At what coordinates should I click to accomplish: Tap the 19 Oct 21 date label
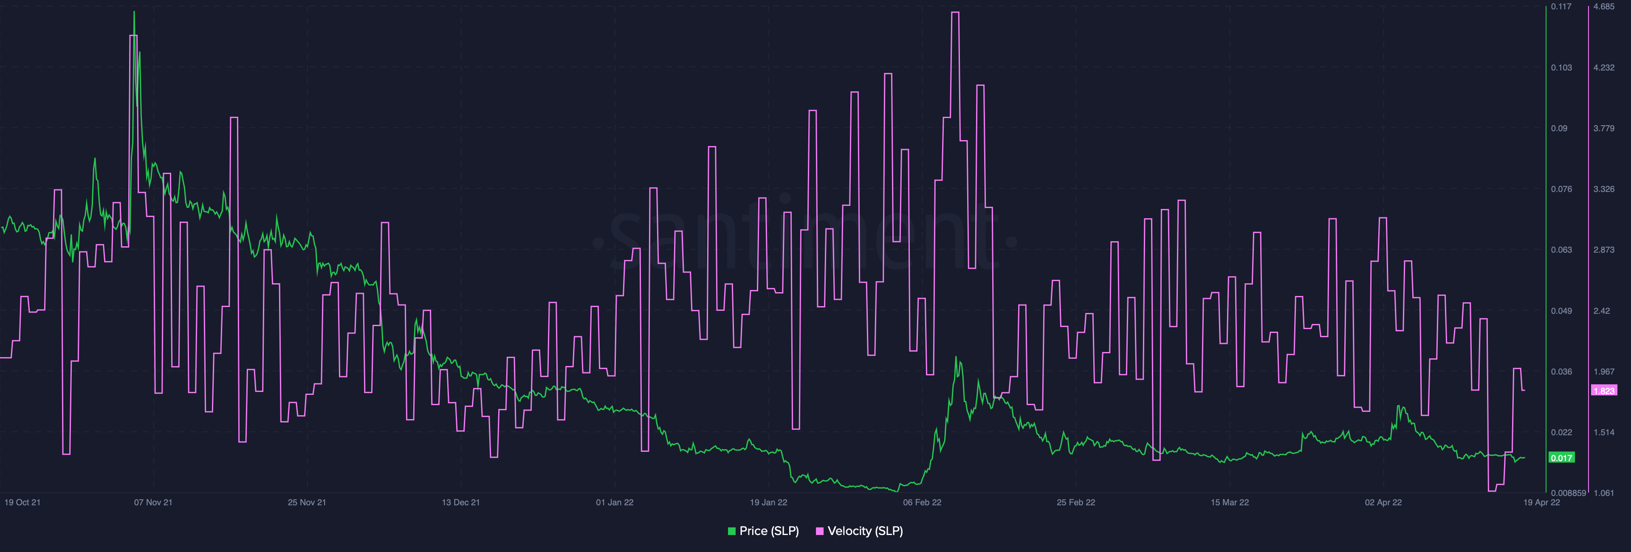22,503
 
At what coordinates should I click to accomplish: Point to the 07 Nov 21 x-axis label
152,503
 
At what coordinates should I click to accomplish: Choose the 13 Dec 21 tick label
460,503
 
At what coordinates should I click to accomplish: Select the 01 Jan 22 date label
614,503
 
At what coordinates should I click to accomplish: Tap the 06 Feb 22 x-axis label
922,503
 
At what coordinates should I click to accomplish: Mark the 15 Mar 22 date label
1230,503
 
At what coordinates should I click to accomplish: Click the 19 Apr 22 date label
1541,503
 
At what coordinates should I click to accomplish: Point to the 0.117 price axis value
1561,7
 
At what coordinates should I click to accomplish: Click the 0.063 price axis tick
1561,250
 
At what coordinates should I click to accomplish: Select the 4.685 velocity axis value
1604,7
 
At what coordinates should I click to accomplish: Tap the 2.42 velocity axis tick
1601,311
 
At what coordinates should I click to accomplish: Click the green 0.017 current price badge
1561,458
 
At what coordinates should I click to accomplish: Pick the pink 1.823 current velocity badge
1604,391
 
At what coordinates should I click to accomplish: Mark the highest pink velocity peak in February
955,13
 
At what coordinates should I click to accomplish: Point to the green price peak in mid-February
957,358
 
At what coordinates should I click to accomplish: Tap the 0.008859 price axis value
1568,493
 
